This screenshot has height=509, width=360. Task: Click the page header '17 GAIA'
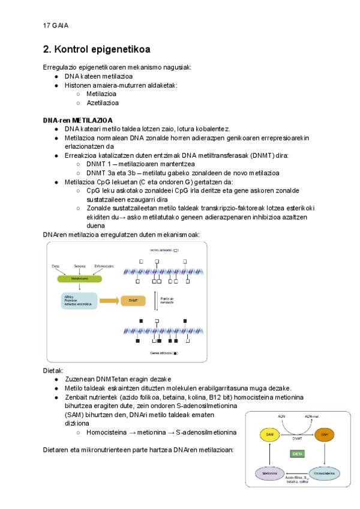(55, 25)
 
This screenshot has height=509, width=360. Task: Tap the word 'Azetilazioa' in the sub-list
(102, 103)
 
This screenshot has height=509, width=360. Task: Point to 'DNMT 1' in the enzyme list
(101, 164)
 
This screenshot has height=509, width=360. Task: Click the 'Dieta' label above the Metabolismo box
(56, 265)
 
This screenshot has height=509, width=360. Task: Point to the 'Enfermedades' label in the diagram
(104, 265)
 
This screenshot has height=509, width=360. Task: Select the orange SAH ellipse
(325, 433)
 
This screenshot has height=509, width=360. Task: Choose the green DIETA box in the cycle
(297, 453)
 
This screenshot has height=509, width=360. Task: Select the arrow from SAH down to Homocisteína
(325, 453)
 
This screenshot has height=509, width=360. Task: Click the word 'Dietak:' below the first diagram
(53, 370)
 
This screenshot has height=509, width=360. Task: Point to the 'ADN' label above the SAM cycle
(281, 415)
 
